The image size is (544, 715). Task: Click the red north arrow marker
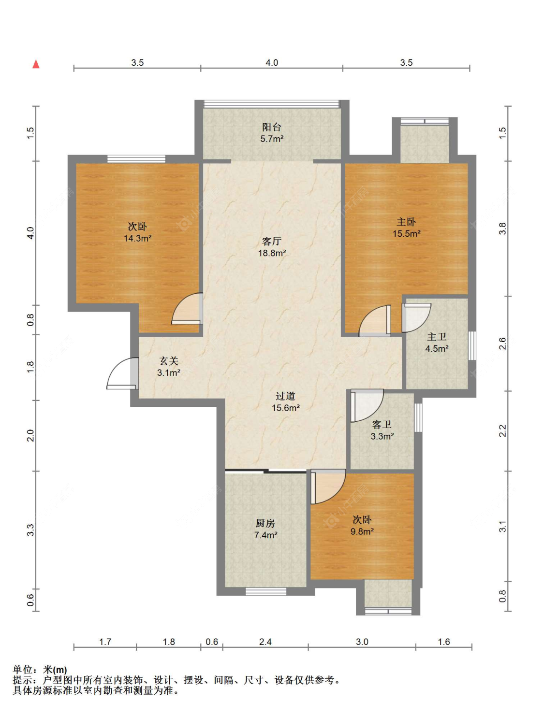pos(36,64)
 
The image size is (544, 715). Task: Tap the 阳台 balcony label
pos(271,127)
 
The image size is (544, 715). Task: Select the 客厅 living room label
pos(271,242)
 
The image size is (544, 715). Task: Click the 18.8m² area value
pos(272,253)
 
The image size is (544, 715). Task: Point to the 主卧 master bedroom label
pos(406,222)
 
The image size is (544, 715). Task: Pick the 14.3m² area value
pos(137,238)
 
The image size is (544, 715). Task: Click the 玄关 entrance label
pos(169,361)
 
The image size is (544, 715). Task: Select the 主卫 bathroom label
pos(437,337)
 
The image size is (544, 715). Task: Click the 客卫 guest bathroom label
pos(382,425)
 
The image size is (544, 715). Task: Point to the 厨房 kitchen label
pos(265,524)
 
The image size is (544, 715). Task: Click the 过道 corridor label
pos(285,396)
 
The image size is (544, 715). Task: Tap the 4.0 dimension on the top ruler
pos(271,62)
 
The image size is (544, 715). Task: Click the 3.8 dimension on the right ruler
pos(503,228)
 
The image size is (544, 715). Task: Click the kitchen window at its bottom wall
pos(265,591)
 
